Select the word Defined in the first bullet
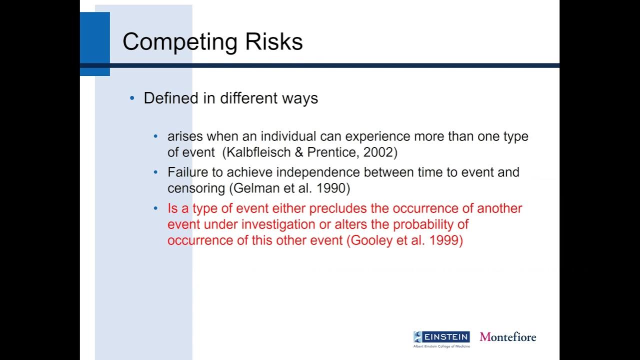point(171,98)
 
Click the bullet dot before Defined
point(132,98)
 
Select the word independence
point(318,172)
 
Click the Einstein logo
point(441,338)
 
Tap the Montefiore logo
point(508,337)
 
